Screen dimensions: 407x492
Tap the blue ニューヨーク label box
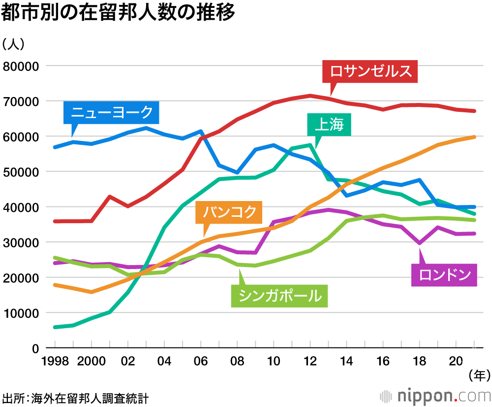[112, 113]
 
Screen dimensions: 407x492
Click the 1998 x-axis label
[55, 361]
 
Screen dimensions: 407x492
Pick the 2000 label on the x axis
[92, 361]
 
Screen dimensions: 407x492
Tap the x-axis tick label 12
[309, 361]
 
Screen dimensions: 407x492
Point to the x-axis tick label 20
[456, 361]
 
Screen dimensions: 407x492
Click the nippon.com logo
[435, 396]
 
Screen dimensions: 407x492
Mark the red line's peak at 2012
[310, 95]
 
